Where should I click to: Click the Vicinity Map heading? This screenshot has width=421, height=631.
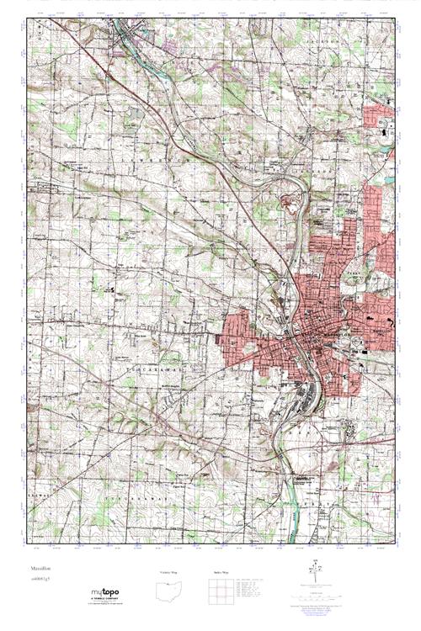(169, 572)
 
